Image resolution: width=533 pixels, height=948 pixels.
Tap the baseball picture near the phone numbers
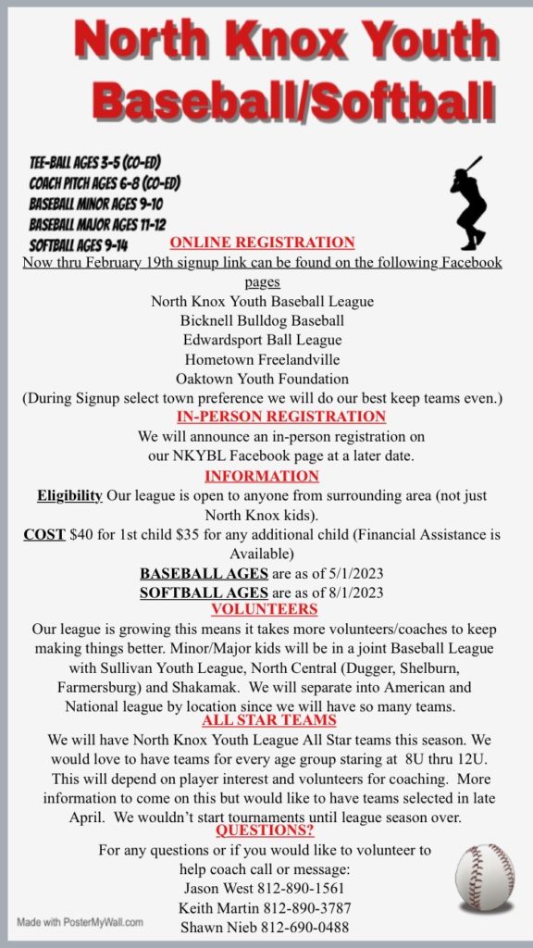pyautogui.click(x=486, y=879)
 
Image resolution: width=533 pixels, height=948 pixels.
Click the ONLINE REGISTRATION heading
pyautogui.click(x=262, y=243)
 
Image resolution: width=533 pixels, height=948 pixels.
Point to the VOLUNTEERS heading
pyautogui.click(x=265, y=609)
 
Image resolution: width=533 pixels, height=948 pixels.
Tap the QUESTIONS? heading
pyautogui.click(x=265, y=829)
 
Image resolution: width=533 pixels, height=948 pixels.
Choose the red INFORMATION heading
pyautogui.click(x=262, y=476)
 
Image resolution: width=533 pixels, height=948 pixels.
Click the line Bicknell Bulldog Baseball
pyautogui.click(x=263, y=320)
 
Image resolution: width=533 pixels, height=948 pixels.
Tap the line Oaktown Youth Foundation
pyautogui.click(x=263, y=378)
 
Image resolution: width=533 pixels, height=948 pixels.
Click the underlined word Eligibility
pyautogui.click(x=69, y=496)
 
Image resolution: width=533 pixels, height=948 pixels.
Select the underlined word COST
pyautogui.click(x=43, y=535)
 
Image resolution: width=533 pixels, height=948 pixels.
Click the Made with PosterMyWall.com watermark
pyautogui.click(x=81, y=922)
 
